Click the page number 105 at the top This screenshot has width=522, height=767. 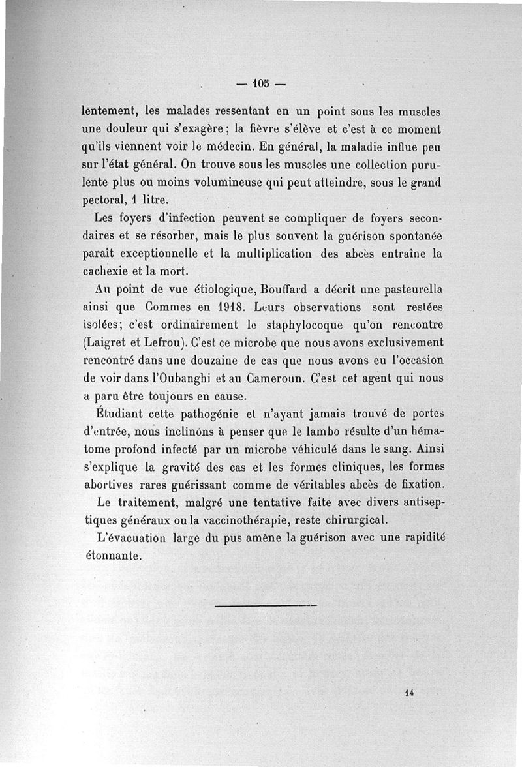(x=261, y=83)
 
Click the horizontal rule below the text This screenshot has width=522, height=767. (x=265, y=606)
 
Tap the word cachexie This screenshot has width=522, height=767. (x=106, y=271)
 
